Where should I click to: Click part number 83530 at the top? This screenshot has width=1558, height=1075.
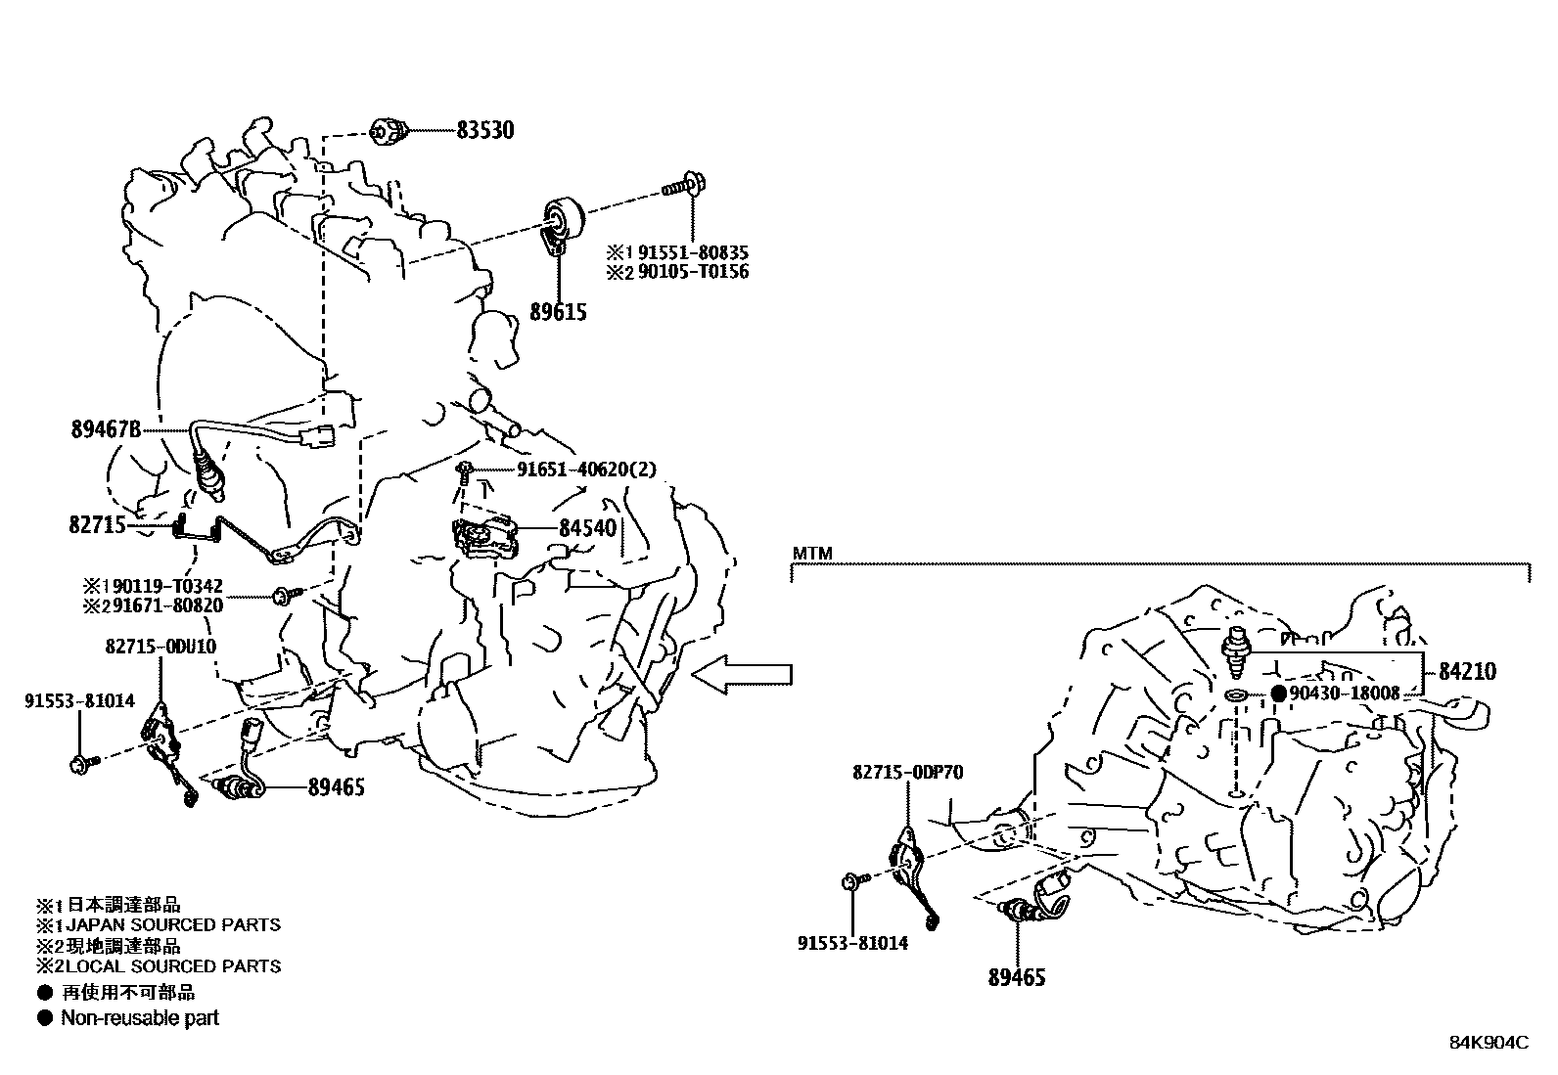point(484,130)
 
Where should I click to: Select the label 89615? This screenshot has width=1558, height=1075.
point(559,312)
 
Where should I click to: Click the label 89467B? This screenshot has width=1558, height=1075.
point(106,428)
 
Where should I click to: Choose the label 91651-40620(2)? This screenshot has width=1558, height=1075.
point(586,470)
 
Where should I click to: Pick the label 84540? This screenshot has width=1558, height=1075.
point(587,529)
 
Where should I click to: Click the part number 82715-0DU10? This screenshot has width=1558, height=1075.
point(160,647)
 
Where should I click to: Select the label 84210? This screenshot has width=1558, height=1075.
point(1467,671)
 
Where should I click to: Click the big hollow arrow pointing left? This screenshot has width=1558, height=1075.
point(741,673)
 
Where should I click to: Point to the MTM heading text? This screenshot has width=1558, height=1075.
point(812,554)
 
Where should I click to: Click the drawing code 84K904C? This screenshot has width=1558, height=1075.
point(1489,1043)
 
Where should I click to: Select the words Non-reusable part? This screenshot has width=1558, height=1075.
point(140,1018)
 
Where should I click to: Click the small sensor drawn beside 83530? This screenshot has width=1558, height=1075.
point(389,130)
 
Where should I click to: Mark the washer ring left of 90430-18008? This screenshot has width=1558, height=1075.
point(1236,695)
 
